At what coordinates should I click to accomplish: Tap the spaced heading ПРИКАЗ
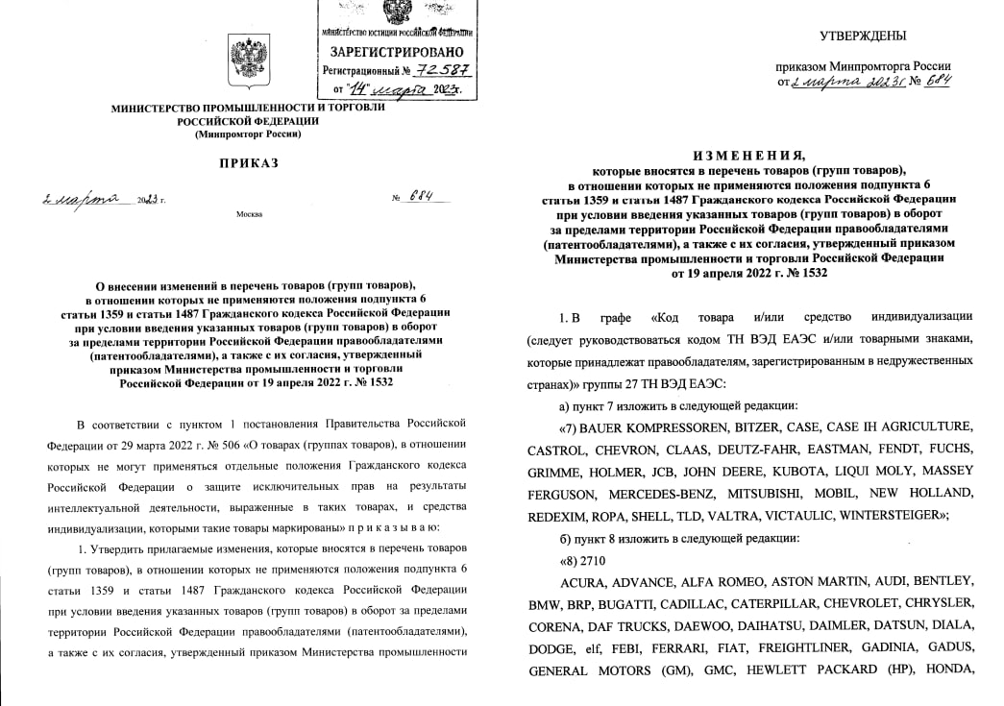pyautogui.click(x=249, y=163)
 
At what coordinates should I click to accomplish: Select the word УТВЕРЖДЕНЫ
pyautogui.click(x=862, y=37)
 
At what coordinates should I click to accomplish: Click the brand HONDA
pyautogui.click(x=947, y=670)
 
